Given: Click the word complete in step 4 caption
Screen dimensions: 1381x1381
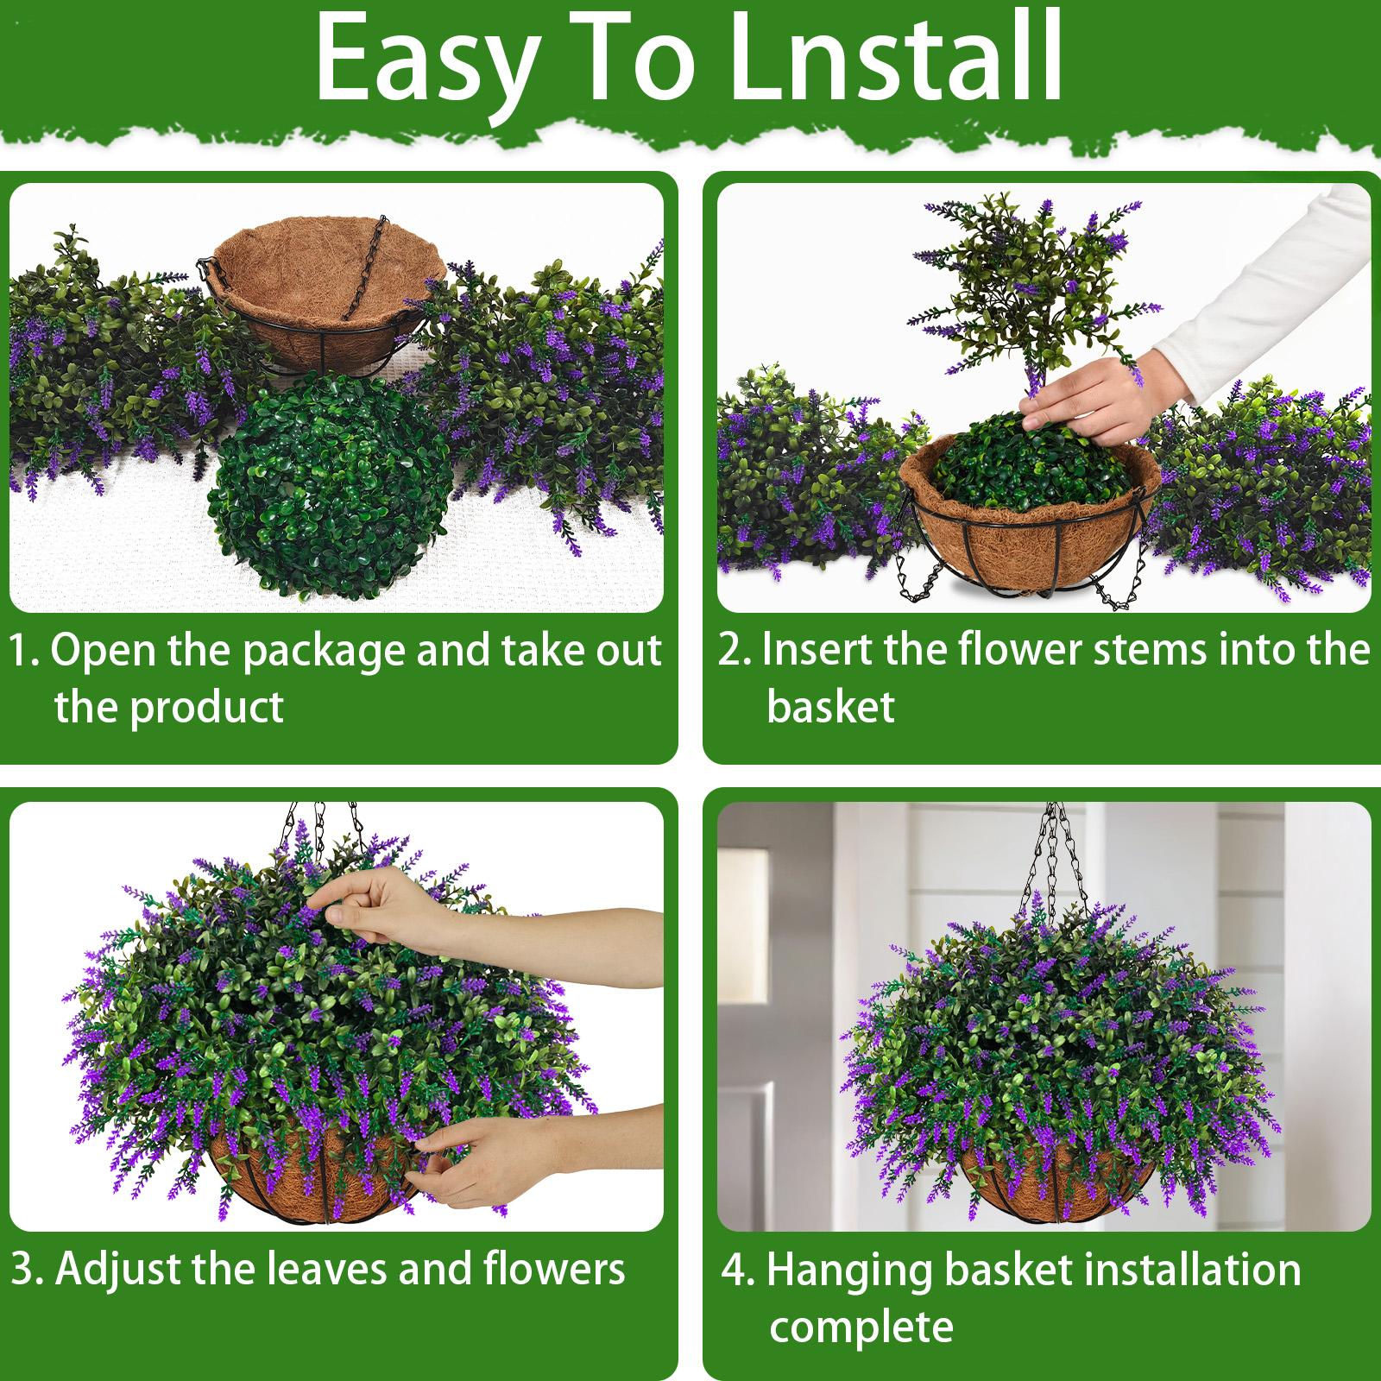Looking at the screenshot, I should coord(861,1327).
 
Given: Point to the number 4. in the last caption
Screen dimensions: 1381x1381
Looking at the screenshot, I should coord(738,1271).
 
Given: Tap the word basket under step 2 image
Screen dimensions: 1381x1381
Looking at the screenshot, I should coord(830,708).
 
